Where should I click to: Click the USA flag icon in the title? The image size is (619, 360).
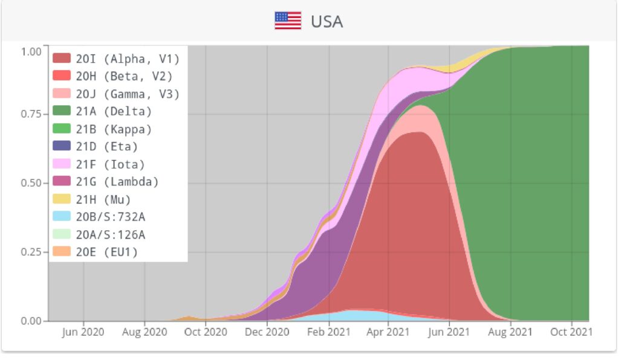288,21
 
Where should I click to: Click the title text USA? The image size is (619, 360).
326,22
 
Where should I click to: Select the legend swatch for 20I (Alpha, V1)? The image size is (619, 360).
62,59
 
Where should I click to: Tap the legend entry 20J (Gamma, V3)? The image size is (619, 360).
128,94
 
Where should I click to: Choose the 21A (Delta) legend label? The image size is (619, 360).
114,111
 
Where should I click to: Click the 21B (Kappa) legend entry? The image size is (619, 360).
114,129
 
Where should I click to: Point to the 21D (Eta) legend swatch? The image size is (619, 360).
62,146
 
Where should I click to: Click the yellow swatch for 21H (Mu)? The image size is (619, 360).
62,199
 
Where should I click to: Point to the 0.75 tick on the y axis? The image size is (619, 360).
30,114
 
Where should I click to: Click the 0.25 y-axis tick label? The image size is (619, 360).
30,252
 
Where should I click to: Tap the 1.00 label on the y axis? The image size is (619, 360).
30,51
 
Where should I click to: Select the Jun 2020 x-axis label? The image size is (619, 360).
83,332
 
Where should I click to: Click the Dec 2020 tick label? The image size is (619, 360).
267,332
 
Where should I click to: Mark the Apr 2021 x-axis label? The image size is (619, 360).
389,332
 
